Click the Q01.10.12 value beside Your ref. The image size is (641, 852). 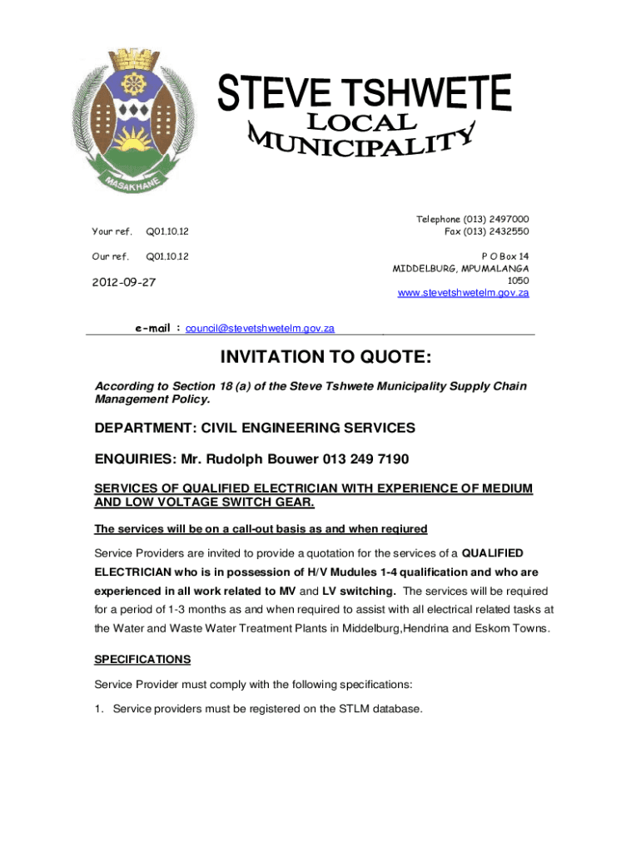click(x=167, y=231)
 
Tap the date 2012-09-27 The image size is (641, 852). click(x=125, y=283)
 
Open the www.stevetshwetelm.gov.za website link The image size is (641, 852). click(x=464, y=293)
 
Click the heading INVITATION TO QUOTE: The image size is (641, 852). click(x=325, y=358)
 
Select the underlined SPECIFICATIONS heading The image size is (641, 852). click(x=142, y=659)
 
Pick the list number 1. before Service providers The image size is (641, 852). click(x=99, y=709)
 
